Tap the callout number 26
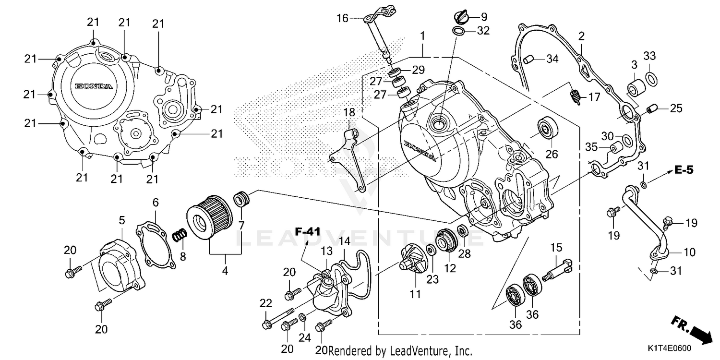point(552,154)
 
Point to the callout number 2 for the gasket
point(581,36)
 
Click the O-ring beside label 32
point(458,32)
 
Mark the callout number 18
point(349,112)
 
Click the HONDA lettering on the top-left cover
point(94,86)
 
